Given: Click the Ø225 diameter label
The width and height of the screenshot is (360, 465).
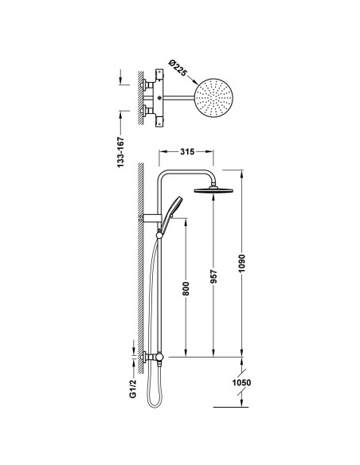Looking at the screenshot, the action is pos(178,68).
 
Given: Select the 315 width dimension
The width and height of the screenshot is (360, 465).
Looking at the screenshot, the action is pos(187,151).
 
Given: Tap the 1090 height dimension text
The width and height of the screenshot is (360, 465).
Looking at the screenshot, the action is pos(243,264).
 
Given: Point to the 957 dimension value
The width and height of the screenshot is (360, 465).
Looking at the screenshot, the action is pos(213,276).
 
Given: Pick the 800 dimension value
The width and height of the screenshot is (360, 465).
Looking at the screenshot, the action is pos(186,288).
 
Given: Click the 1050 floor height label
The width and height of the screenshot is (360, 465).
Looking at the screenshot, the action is pos(241,382).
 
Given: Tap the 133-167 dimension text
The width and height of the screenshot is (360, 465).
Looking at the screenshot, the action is pos(121,152).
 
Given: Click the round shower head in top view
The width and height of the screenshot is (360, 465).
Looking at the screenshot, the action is pos(213,98).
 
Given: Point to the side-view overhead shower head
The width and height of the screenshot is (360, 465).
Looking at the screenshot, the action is pos(213,190).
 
